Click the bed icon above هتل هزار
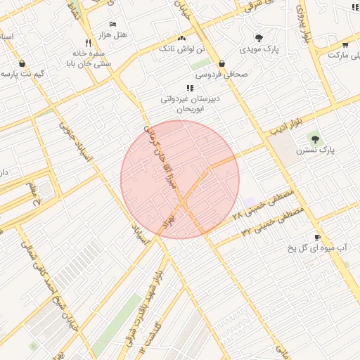tap(113, 23)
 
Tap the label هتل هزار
tap(113, 34)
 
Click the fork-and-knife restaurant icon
tap(88, 42)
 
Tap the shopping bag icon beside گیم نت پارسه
tap(23, 63)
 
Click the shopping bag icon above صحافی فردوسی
tap(221, 63)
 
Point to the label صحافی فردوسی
tap(217, 73)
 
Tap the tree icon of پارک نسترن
tap(314, 139)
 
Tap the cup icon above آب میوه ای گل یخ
tap(318, 237)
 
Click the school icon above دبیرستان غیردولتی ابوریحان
tap(190, 88)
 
